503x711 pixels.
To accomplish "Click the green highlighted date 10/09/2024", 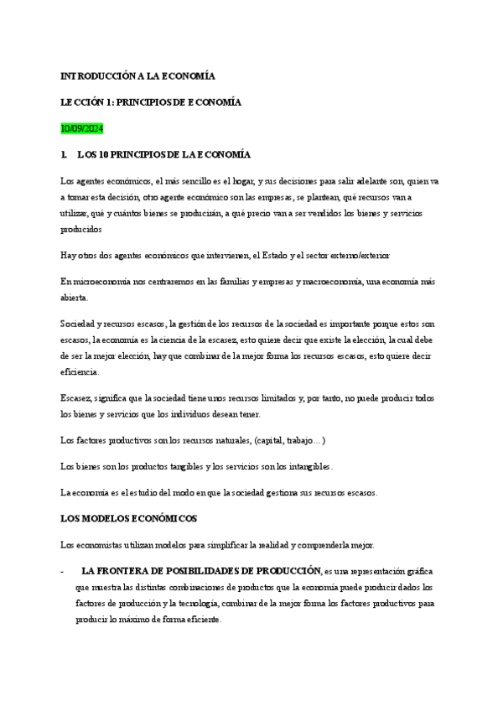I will (x=81, y=128).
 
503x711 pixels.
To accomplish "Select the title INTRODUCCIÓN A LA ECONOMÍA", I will (x=137, y=75).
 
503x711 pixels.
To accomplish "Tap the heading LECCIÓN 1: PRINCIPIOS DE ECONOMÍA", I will (x=151, y=102).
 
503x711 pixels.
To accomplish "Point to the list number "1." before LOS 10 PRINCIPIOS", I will (x=64, y=155).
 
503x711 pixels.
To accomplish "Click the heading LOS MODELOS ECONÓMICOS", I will (x=128, y=519).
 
